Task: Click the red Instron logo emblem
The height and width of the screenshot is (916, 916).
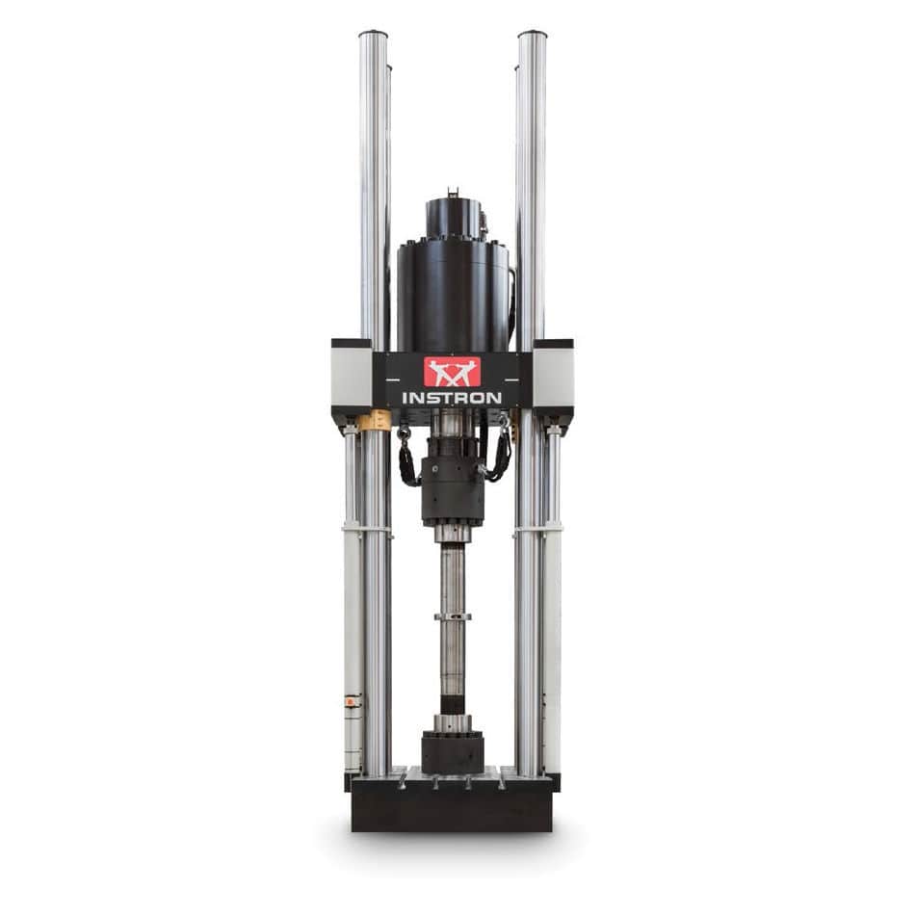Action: pyautogui.click(x=452, y=371)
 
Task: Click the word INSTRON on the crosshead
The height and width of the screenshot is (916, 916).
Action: pyautogui.click(x=452, y=398)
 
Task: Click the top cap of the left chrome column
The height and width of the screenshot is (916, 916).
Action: pyautogui.click(x=373, y=35)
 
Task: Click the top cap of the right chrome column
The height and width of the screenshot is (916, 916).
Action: pyautogui.click(x=532, y=35)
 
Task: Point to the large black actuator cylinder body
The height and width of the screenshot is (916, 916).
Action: pyautogui.click(x=452, y=294)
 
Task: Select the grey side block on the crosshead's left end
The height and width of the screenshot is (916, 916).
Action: pyautogui.click(x=352, y=376)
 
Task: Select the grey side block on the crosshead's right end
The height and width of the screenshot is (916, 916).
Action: pyautogui.click(x=553, y=376)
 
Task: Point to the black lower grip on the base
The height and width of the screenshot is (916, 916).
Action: pyautogui.click(x=452, y=751)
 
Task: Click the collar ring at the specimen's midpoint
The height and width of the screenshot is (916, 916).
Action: pyautogui.click(x=452, y=616)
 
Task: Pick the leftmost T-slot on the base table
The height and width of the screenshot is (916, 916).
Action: pyautogui.click(x=404, y=782)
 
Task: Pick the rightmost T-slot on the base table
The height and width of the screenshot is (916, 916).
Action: pyautogui.click(x=501, y=782)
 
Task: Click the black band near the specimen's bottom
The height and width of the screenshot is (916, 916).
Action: pyautogui.click(x=452, y=703)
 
